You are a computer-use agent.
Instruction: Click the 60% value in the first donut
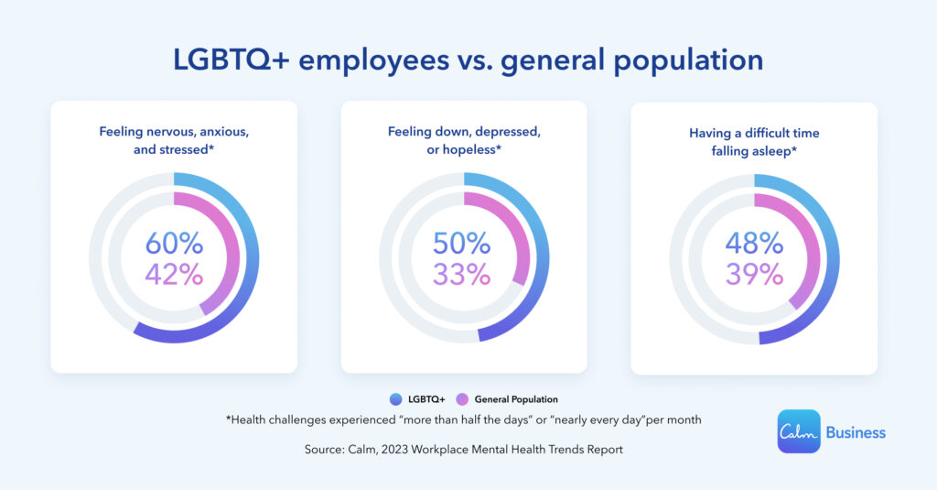pos(174,244)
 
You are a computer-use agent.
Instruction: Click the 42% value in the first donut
pos(174,274)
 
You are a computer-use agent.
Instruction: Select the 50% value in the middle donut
pos(463,244)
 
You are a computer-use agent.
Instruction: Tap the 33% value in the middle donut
pos(463,274)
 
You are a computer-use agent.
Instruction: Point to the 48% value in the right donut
pos(754,244)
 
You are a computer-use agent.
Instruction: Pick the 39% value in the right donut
pos(754,274)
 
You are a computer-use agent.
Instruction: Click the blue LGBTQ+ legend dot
pos(395,399)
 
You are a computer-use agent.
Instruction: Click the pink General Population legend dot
pos(462,399)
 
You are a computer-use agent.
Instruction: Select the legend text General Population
pos(516,399)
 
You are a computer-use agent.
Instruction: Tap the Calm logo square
pos(798,431)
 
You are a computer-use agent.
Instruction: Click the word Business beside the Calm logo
pos(856,432)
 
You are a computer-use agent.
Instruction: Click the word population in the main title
pos(677,60)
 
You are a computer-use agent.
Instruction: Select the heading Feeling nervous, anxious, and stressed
pos(174,140)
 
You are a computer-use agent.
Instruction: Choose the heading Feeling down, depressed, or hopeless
pos(464,140)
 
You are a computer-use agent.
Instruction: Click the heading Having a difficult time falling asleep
pos(754,141)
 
